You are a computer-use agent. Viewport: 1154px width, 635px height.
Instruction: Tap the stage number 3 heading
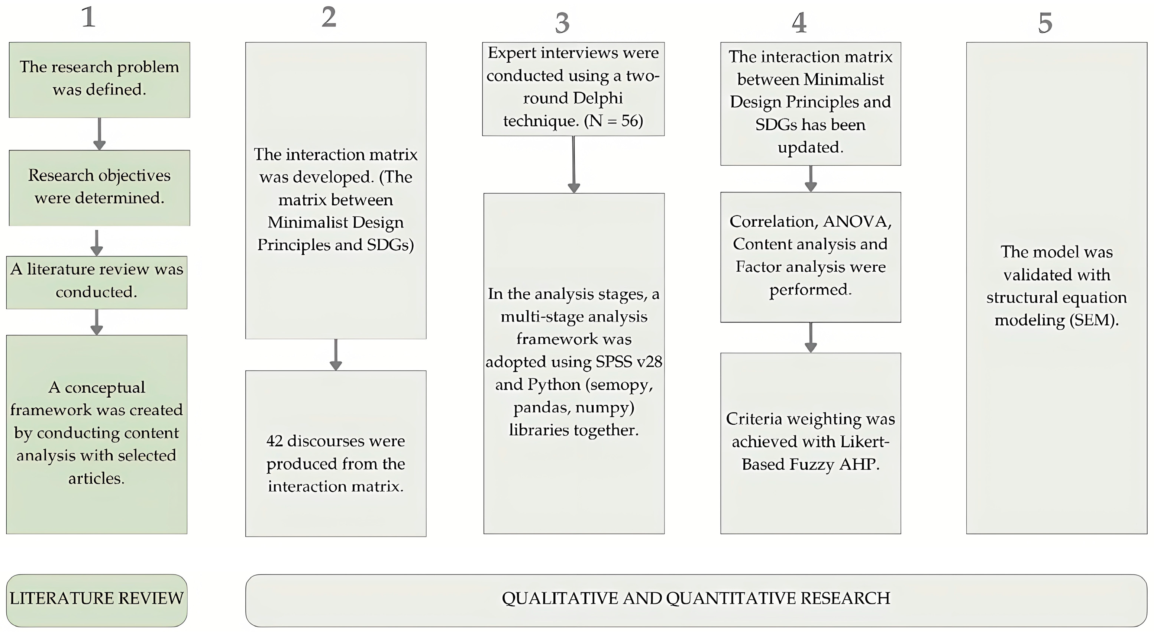[562, 23]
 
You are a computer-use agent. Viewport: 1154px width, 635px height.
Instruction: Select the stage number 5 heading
[1045, 23]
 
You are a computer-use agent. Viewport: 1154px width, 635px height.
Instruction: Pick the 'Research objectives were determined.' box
[100, 188]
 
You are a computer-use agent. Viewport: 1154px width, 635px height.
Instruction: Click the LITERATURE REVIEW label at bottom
[97, 599]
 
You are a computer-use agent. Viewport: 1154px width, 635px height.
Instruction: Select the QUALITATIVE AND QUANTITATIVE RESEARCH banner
[696, 599]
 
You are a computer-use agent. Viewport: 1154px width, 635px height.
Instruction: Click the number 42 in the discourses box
[275, 441]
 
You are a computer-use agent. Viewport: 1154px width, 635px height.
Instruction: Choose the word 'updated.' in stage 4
[810, 148]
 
